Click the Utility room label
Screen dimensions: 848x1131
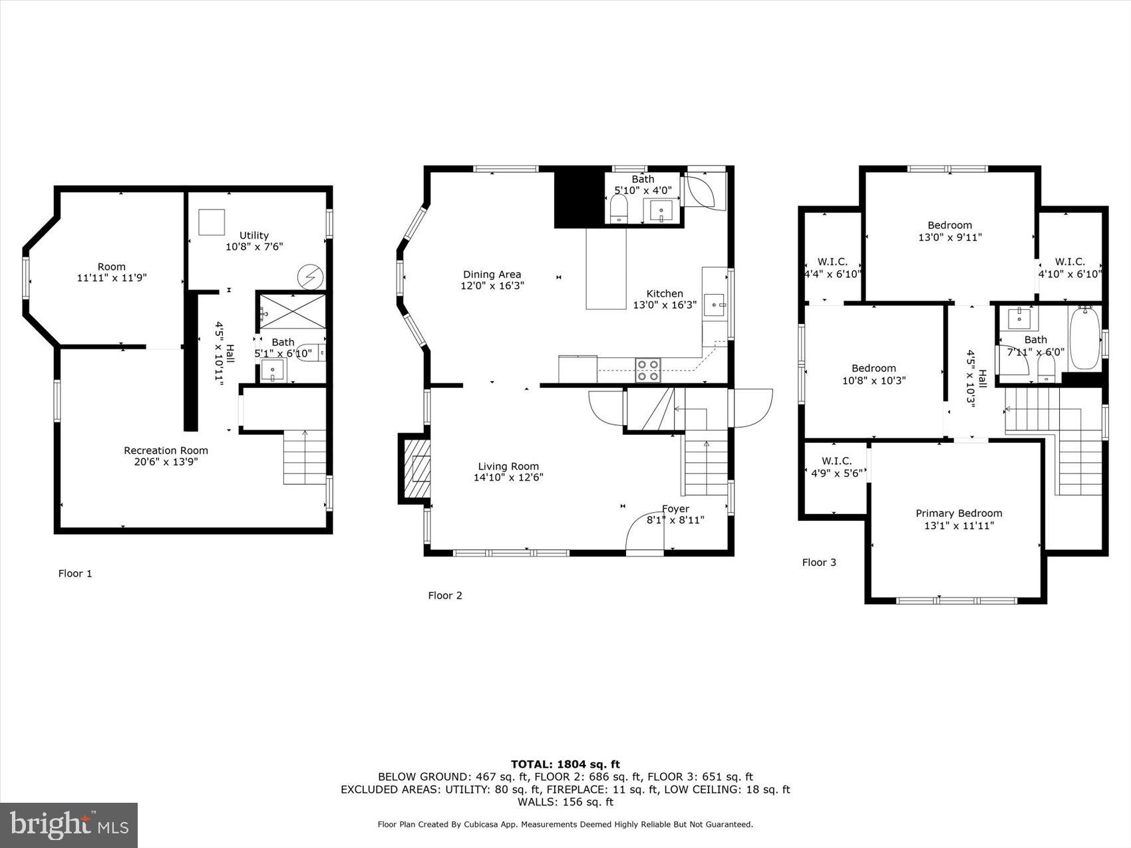[254, 235]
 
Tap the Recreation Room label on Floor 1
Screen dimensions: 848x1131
[166, 451]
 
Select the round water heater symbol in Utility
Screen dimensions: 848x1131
[310, 277]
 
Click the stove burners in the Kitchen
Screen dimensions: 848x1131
[648, 370]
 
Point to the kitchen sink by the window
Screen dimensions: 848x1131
[715, 305]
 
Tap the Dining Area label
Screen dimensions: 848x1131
[492, 275]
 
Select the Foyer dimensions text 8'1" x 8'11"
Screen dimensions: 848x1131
[675, 521]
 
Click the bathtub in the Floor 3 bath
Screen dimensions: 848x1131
[1084, 338]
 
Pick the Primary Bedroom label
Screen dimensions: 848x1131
[959, 513]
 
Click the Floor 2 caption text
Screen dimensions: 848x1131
[445, 596]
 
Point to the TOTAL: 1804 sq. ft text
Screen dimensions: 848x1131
[565, 764]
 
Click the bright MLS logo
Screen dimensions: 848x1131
[69, 825]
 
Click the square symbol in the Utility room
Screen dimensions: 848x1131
[212, 222]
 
